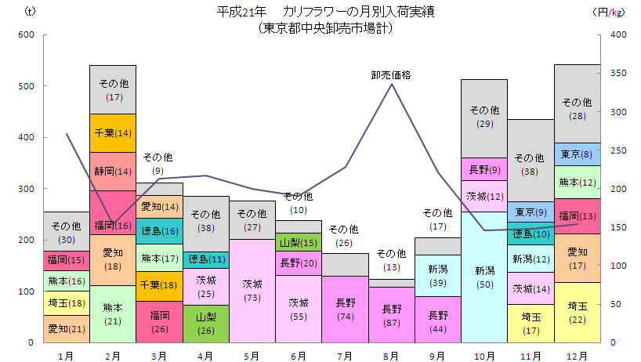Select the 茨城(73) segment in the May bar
[x=252, y=291]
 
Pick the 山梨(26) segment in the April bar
[x=206, y=324]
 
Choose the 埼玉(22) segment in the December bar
[x=577, y=313]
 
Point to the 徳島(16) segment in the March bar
[x=159, y=230]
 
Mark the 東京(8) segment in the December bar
[x=577, y=154]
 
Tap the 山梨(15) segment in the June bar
[x=299, y=243]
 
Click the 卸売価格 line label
[x=391, y=75]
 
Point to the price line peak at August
[x=392, y=84]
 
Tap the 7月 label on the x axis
[x=346, y=356]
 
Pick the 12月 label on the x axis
[x=577, y=356]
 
